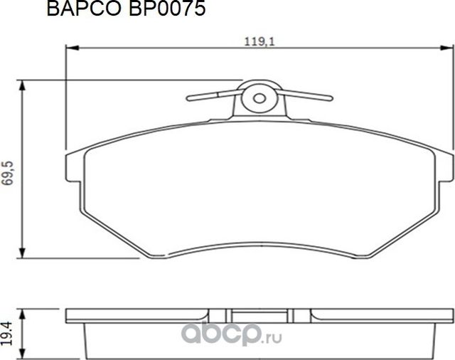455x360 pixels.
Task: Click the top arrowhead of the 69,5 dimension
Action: pos(26,85)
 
